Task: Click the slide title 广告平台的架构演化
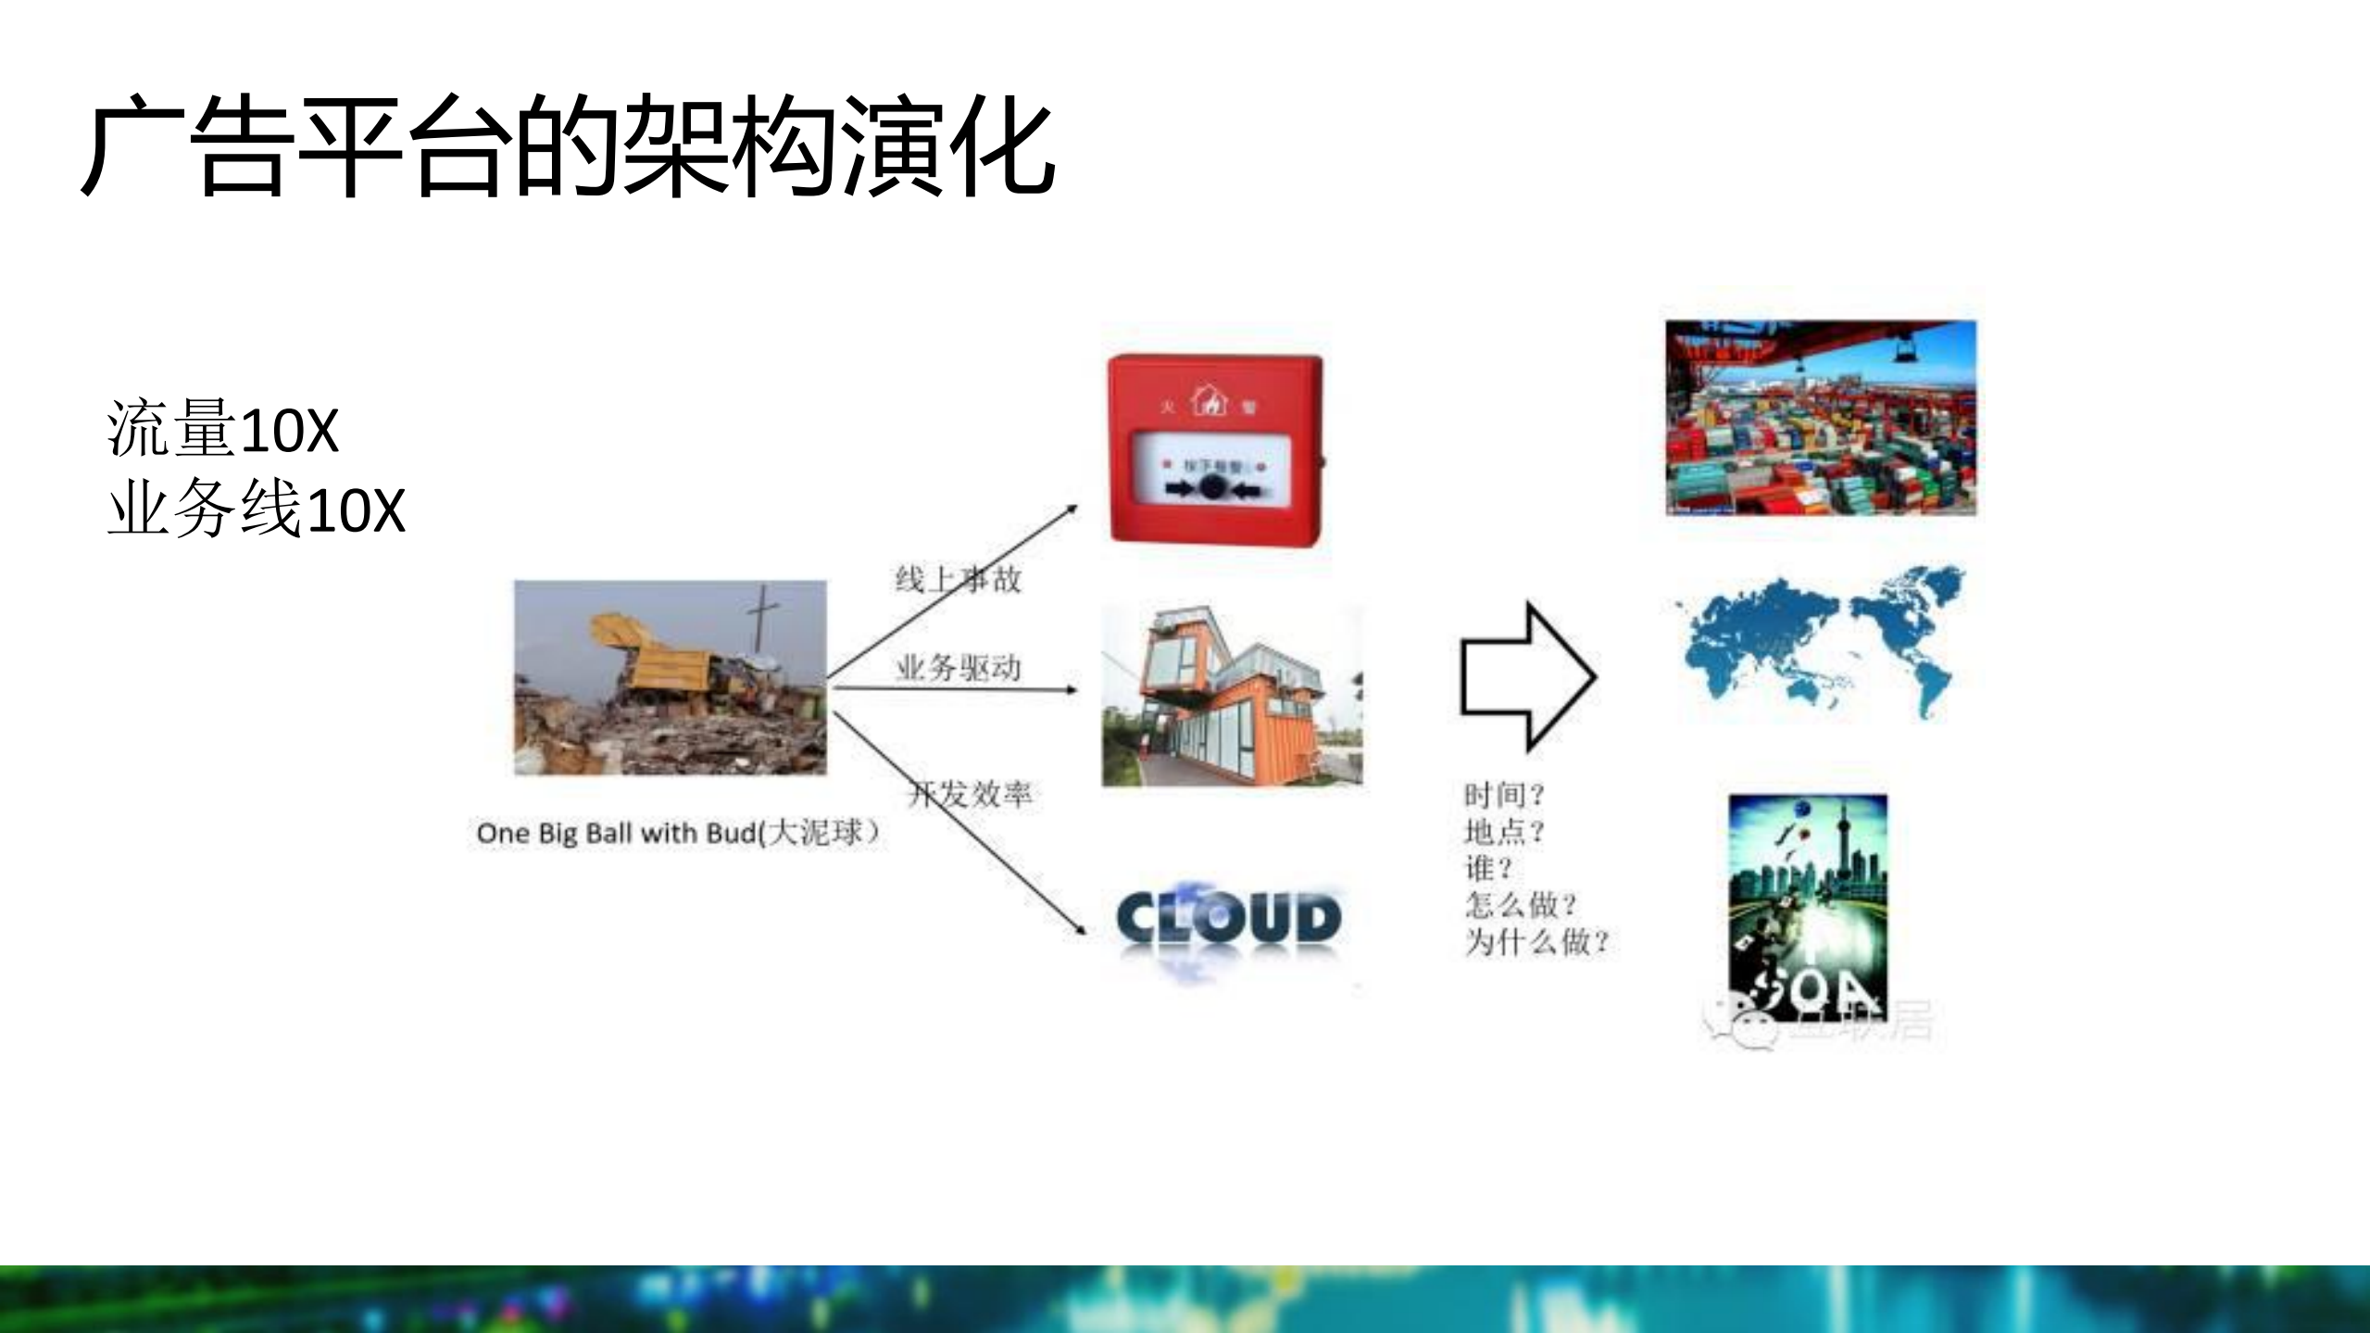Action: tap(567, 146)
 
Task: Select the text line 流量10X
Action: tap(223, 429)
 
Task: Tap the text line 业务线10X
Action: tap(257, 509)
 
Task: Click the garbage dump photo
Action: tap(670, 677)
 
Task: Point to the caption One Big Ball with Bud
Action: tap(677, 833)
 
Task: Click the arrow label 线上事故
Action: tap(958, 580)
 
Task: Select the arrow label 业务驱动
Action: tap(958, 667)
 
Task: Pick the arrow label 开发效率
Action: tap(971, 794)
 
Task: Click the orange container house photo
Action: tap(1232, 696)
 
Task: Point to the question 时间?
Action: tap(1504, 795)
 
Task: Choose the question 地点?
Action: tap(1504, 832)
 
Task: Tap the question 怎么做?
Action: tap(1520, 904)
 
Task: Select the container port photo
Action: tap(1820, 418)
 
